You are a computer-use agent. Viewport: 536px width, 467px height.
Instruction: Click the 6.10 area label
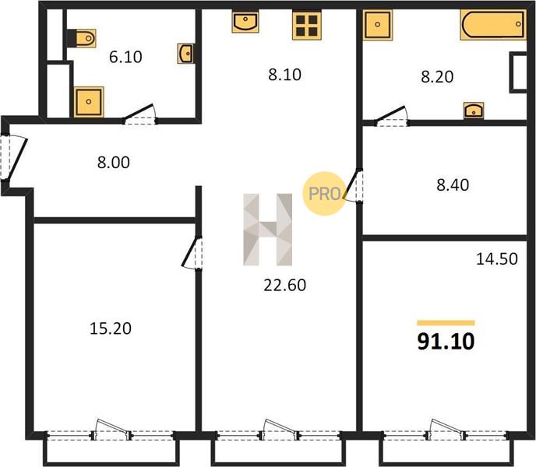[x=125, y=57]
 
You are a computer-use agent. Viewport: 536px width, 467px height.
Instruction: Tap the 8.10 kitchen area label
[x=284, y=75]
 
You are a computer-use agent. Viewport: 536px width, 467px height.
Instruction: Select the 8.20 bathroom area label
[x=437, y=76]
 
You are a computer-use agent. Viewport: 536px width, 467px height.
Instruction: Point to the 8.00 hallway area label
[x=114, y=163]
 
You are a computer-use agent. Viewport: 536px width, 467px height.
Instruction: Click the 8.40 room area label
[x=453, y=184]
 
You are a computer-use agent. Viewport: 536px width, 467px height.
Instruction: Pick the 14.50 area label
[x=497, y=259]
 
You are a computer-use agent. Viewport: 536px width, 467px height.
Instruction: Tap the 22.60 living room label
[x=285, y=285]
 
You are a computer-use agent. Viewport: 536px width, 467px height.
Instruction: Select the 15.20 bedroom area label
[x=111, y=328]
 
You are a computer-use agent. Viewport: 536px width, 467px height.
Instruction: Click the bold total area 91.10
[x=446, y=342]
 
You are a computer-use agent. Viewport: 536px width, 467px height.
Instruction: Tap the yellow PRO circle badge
[x=324, y=193]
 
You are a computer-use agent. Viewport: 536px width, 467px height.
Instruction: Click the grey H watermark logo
[x=268, y=230]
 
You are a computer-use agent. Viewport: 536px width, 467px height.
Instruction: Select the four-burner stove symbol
[x=307, y=25]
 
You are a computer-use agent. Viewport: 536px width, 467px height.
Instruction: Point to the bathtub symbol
[x=493, y=24]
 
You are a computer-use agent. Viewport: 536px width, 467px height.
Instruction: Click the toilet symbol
[x=82, y=38]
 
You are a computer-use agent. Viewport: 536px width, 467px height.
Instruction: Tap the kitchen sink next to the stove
[x=245, y=21]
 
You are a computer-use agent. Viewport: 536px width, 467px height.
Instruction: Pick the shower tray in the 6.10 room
[x=89, y=102]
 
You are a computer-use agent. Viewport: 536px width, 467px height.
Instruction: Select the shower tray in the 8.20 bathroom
[x=377, y=25]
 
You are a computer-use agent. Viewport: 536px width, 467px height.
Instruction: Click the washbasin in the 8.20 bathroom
[x=474, y=110]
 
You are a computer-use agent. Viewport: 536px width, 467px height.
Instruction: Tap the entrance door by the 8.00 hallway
[x=14, y=157]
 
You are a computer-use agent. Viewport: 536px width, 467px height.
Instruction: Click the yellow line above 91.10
[x=446, y=323]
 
